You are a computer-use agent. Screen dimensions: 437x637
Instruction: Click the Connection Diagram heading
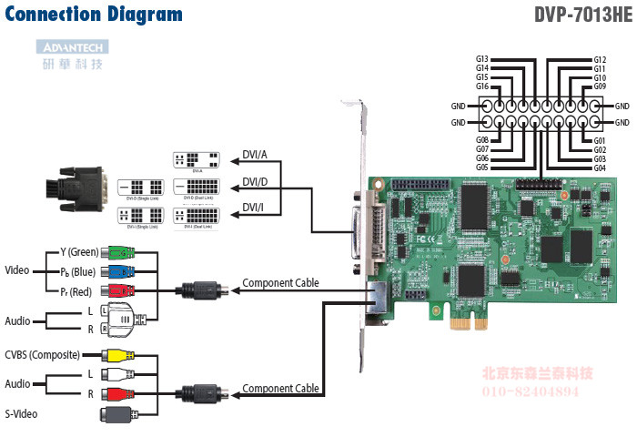click(x=93, y=15)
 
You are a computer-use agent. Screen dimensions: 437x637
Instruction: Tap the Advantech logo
click(x=74, y=47)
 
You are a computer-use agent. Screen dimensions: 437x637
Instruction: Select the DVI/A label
click(x=255, y=153)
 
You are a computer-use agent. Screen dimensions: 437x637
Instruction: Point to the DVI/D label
click(x=255, y=181)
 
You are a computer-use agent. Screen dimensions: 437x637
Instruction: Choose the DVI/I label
click(x=254, y=208)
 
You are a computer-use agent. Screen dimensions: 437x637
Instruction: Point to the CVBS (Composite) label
click(x=42, y=355)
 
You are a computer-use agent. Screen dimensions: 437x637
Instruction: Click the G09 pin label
click(x=600, y=86)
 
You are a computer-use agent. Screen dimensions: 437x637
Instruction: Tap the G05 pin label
click(x=482, y=168)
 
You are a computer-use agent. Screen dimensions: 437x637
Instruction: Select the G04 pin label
click(x=600, y=168)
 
